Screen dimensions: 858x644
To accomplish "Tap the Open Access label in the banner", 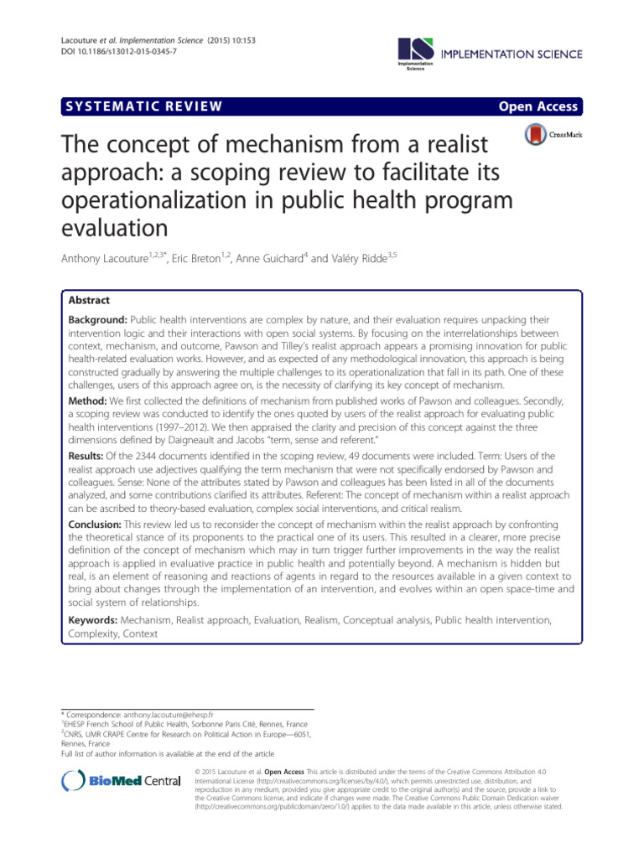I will (538, 106).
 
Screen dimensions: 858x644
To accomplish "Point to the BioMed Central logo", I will (122, 781).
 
